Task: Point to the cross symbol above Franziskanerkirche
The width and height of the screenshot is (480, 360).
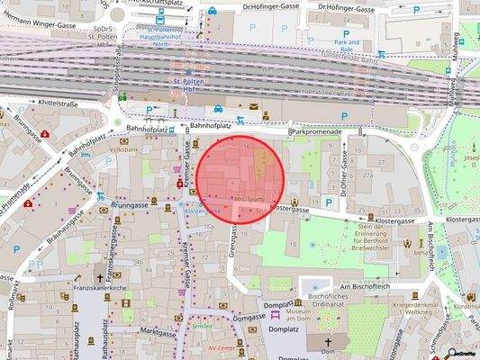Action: tap(101, 278)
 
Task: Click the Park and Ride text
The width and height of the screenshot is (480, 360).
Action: tap(347, 46)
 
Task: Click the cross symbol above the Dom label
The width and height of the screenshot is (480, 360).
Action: tap(328, 343)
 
